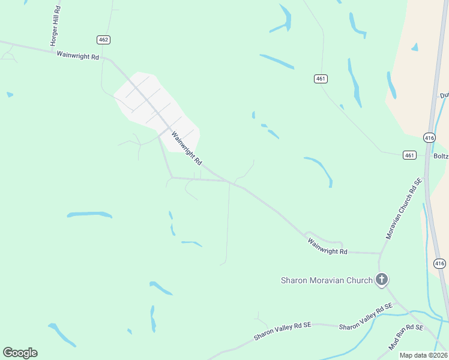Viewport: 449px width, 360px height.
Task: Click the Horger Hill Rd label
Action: (x=55, y=26)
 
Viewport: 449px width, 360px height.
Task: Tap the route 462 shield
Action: (x=103, y=39)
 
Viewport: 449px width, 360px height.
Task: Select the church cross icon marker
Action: (x=381, y=279)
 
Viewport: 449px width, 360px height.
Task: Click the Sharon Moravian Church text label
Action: (x=327, y=280)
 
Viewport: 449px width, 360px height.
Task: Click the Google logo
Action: (x=20, y=353)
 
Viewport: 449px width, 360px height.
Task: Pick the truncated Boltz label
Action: (x=441, y=155)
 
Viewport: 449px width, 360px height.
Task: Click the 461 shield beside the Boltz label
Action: (x=409, y=155)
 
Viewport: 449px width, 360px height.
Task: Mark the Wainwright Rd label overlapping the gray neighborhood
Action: (x=186, y=148)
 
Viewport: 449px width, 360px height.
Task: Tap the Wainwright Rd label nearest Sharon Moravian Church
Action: (x=328, y=247)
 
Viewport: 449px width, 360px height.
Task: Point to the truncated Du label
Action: (x=444, y=95)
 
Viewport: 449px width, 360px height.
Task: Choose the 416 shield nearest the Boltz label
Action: (x=429, y=137)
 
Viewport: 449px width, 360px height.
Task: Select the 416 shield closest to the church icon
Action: (x=439, y=263)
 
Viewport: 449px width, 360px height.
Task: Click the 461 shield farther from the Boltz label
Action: (x=321, y=79)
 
